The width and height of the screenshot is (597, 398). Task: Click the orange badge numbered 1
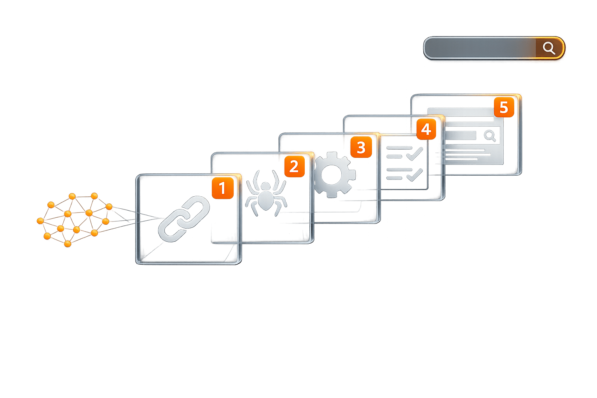click(x=222, y=189)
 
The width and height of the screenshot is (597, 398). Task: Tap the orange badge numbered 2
click(x=294, y=167)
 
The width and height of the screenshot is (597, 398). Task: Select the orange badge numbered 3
click(x=361, y=147)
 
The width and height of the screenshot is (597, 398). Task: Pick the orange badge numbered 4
click(x=426, y=129)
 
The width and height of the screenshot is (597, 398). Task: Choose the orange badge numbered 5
click(x=504, y=107)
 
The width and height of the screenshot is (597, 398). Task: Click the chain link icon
click(x=184, y=218)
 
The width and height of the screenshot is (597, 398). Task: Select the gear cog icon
click(x=333, y=175)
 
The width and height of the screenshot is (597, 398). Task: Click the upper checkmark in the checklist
click(x=415, y=153)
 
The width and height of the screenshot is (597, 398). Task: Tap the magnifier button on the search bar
click(x=549, y=48)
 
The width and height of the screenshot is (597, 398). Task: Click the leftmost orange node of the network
click(x=40, y=221)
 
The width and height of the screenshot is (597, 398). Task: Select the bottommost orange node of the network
click(x=68, y=244)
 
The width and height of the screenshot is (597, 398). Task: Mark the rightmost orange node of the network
click(x=109, y=206)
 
